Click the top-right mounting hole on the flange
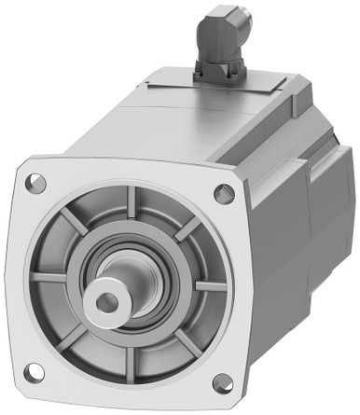coord(224,194)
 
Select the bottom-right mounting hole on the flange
coord(223,382)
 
